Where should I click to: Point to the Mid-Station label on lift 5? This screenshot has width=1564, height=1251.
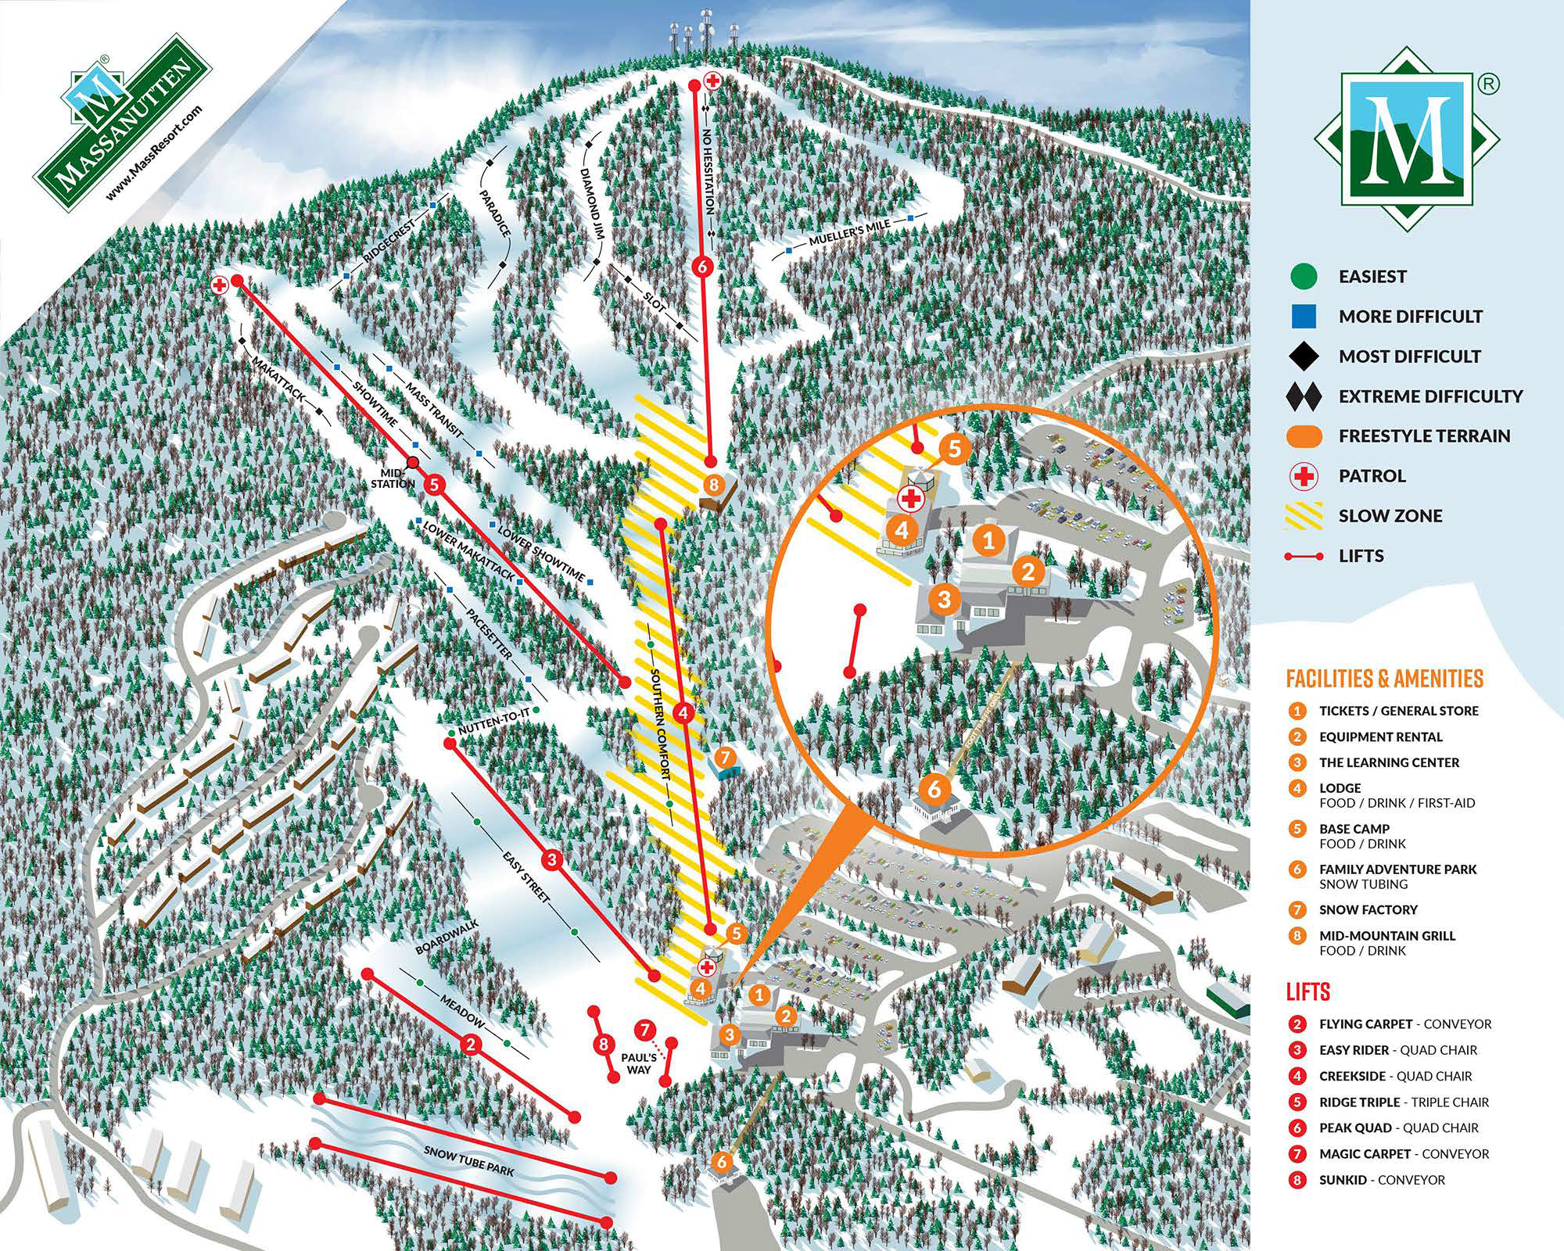(393, 479)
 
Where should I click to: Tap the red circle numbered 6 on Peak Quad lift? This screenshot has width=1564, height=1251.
(701, 266)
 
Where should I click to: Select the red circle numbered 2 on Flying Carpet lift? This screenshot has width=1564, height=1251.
(470, 1044)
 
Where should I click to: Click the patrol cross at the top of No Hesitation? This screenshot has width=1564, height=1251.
(712, 80)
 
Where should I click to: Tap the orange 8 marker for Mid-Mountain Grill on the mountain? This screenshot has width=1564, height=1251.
(712, 485)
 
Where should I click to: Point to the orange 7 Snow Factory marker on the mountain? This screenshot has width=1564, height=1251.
(725, 757)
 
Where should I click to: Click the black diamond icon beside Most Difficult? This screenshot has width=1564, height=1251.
(1304, 357)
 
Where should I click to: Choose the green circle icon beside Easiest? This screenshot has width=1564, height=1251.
(1304, 276)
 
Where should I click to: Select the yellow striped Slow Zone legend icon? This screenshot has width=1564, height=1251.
(1304, 516)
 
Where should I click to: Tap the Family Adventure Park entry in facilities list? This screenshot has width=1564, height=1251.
(1397, 869)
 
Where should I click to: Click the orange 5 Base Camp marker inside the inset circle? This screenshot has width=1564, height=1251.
(954, 449)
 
